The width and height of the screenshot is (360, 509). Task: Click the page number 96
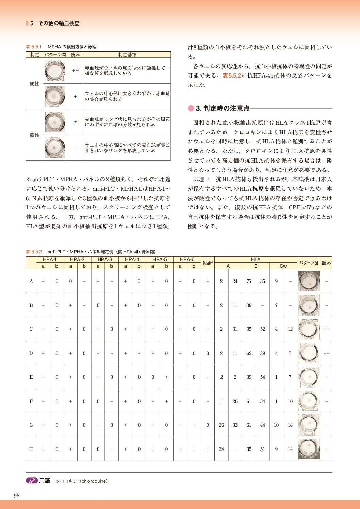pos(17,496)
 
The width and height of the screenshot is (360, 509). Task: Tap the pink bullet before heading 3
pos(191,108)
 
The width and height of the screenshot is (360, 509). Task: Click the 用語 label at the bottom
pos(45,481)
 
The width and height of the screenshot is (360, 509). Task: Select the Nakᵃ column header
pos(208,263)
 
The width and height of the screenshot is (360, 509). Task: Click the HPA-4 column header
pos(132,259)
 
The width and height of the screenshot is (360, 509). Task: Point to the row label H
pos(31,449)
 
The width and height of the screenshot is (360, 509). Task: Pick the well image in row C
pos(309,329)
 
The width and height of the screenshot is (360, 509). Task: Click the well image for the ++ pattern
pos(54,71)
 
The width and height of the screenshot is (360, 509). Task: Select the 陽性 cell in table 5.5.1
pos(35,84)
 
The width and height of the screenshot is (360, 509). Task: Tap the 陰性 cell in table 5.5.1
pos(35,135)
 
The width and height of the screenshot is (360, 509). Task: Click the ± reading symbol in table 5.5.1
pos(76,122)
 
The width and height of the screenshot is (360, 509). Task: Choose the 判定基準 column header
pos(127,55)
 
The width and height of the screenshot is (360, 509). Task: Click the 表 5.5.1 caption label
pos(34,47)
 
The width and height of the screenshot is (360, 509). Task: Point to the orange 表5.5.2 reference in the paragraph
pos(232,75)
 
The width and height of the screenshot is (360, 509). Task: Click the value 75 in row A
pos(249,281)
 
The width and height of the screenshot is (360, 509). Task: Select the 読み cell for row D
pos(326,353)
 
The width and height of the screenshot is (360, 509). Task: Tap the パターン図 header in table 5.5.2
pos(309,263)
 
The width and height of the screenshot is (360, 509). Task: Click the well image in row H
pos(309,449)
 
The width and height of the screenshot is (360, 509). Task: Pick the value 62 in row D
pos(249,353)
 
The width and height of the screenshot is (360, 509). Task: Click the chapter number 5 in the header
pos(32,23)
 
